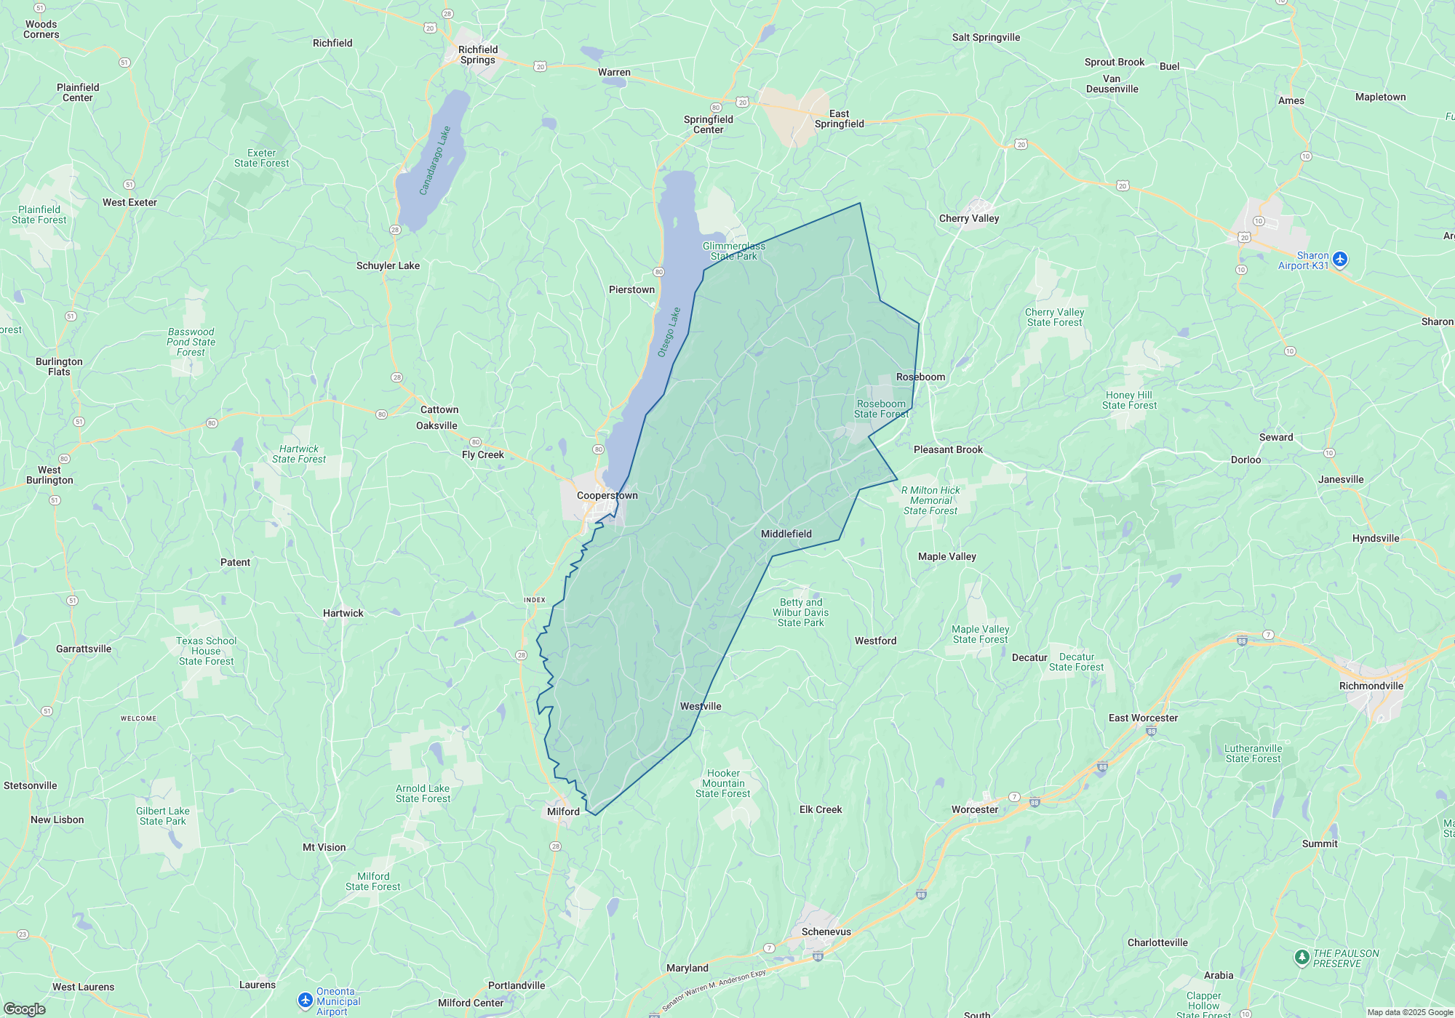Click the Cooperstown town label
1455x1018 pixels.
tap(607, 495)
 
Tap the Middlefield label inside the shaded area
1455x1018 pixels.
tap(786, 534)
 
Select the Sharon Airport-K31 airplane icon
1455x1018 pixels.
tap(1340, 259)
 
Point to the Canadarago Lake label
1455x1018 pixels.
tap(435, 161)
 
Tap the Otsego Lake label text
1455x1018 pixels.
tap(669, 332)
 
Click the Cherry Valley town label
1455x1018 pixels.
tap(968, 218)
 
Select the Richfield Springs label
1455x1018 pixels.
tap(478, 55)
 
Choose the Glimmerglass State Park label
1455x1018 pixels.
tap(733, 251)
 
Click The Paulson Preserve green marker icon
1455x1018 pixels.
tap(1302, 957)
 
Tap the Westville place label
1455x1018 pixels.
tap(701, 706)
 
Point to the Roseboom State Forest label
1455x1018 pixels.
tap(881, 409)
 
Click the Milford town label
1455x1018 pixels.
tap(563, 811)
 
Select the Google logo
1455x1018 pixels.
tap(24, 1009)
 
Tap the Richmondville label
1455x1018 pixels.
tap(1371, 686)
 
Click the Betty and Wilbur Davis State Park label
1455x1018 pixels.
tap(800, 612)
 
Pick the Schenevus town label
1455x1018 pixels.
tap(826, 931)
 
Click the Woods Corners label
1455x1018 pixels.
tap(41, 29)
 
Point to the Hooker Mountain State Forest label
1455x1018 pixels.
tap(722, 783)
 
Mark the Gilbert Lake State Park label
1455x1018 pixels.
tap(163, 816)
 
